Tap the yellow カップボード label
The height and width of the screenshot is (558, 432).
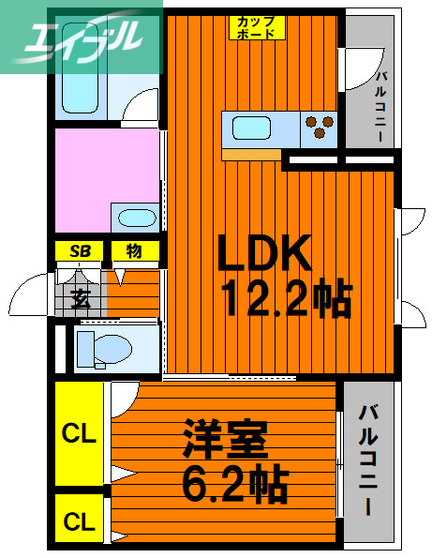pos(257,26)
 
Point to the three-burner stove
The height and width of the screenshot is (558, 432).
pos(320,127)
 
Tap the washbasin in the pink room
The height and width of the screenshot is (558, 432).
pos(137,219)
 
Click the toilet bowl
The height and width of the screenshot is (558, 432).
pos(103,349)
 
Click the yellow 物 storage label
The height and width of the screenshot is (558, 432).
pos(135,251)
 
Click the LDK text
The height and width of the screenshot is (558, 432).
pos(263,253)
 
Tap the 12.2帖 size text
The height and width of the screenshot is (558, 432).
pos(286,300)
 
